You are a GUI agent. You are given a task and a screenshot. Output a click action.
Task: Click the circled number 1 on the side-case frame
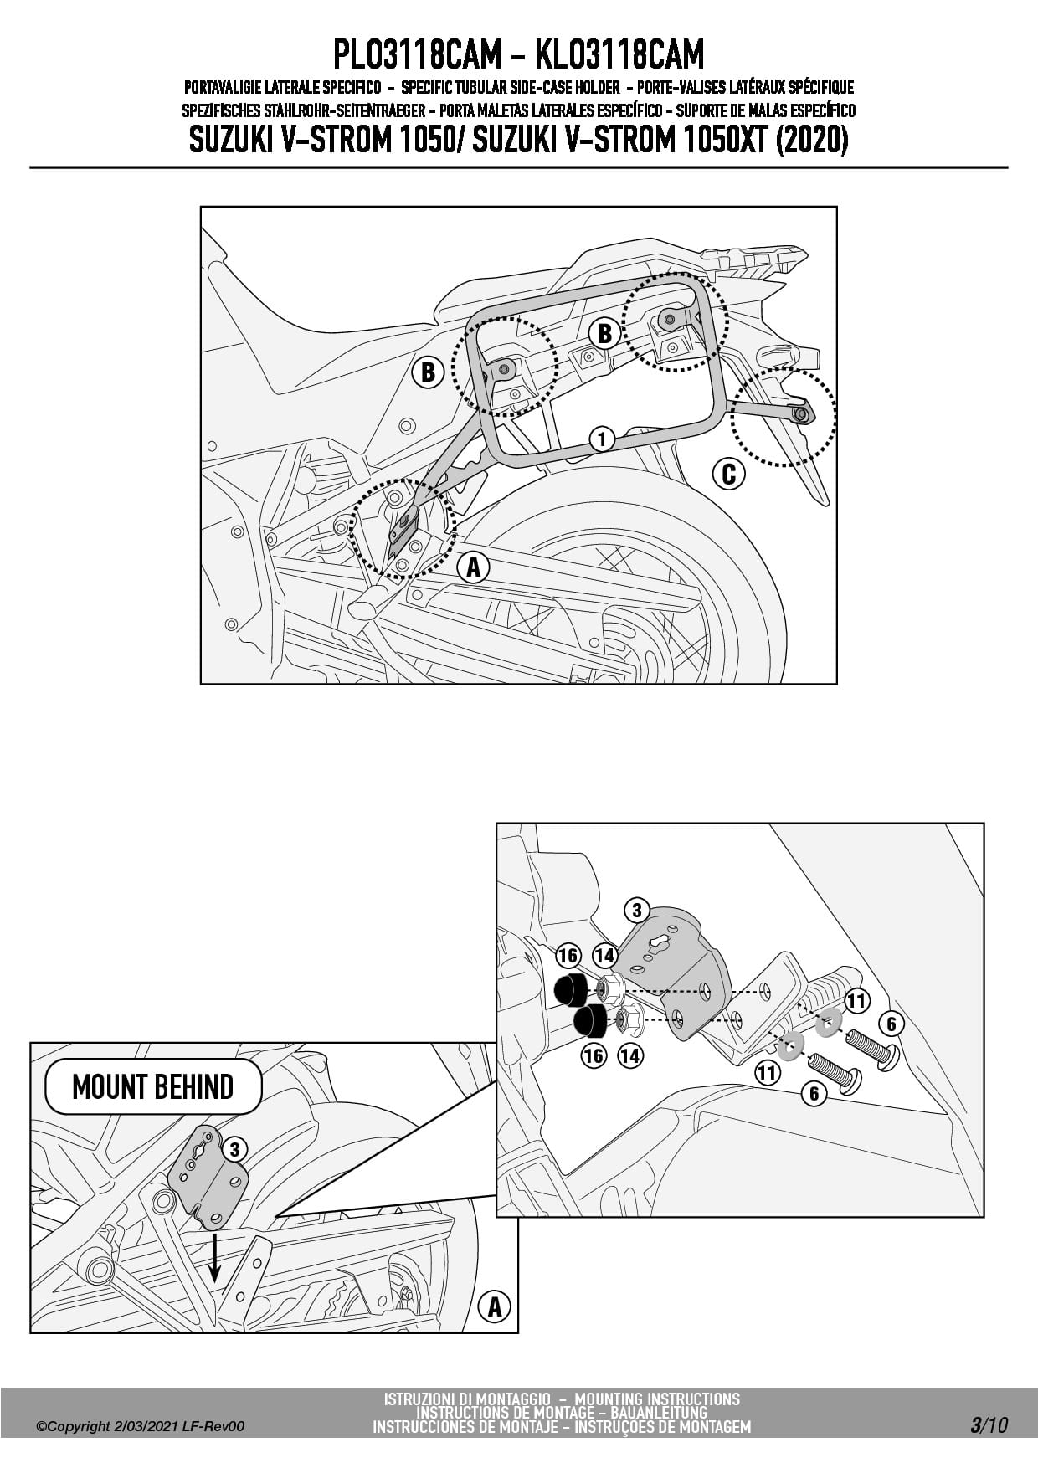[x=601, y=438]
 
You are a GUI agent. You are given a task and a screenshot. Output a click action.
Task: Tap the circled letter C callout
[x=728, y=474]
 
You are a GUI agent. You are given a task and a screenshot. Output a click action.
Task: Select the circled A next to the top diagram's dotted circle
[x=473, y=567]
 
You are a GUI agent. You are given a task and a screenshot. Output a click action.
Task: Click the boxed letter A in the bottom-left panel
[x=494, y=1306]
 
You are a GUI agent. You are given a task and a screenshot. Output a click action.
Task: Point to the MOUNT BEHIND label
[x=152, y=1086]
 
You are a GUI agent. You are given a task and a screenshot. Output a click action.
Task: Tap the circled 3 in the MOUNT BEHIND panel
[x=235, y=1150]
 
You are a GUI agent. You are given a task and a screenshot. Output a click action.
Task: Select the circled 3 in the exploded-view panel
[x=636, y=911]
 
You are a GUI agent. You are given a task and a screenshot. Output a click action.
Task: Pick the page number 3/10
[x=989, y=1425]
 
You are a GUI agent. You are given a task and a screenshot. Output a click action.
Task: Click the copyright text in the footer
[x=141, y=1426]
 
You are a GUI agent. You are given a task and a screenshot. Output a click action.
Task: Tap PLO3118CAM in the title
[x=416, y=55]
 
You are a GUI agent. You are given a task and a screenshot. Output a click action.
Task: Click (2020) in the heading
[x=812, y=140]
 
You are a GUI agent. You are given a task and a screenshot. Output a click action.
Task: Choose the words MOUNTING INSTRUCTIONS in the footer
[x=657, y=1399]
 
